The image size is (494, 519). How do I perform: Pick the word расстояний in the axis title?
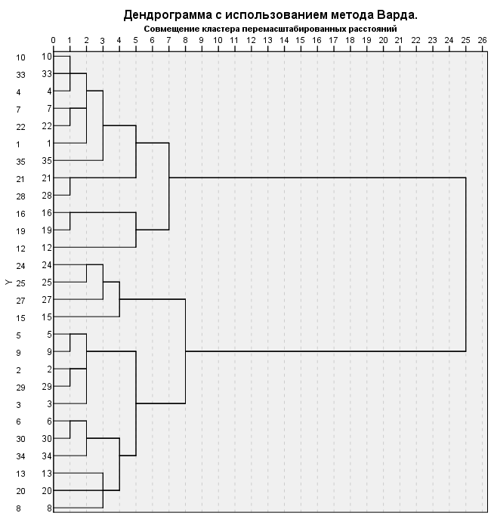[x=372, y=28]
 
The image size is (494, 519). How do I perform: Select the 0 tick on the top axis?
[x=53, y=39]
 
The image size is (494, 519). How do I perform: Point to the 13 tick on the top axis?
[x=267, y=39]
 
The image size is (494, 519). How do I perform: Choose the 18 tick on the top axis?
[x=350, y=39]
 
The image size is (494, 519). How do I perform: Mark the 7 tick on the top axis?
[x=168, y=39]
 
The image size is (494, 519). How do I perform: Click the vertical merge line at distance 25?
[x=465, y=264]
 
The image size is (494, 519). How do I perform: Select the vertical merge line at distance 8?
[x=185, y=351]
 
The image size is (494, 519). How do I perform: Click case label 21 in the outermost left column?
[x=20, y=178]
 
